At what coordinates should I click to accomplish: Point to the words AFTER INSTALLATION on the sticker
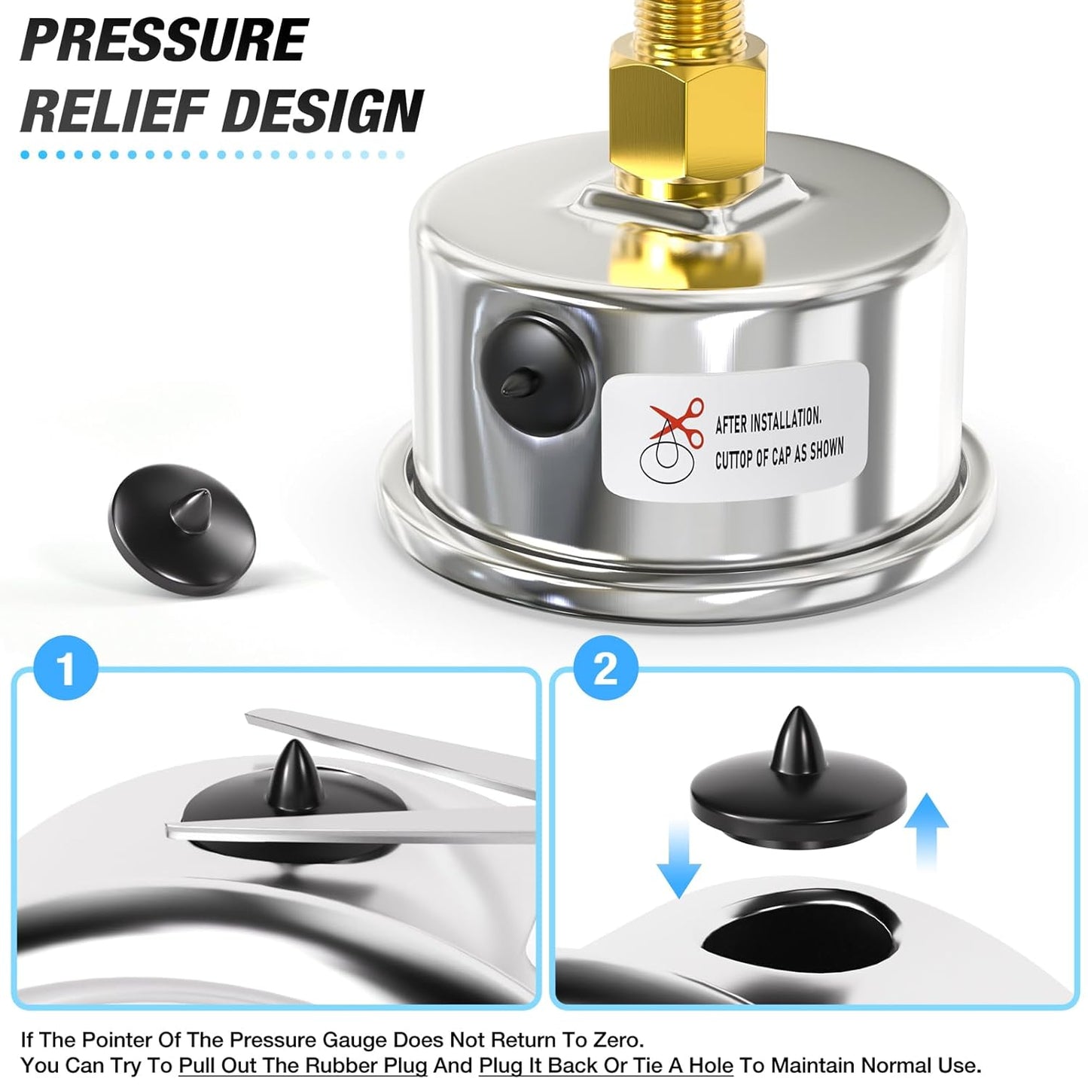[768, 419]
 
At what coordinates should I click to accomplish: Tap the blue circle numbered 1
[66, 668]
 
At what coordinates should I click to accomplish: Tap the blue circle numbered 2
[605, 668]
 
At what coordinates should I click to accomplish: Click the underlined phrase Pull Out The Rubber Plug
[303, 1065]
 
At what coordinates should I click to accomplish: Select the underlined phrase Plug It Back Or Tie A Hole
[605, 1065]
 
